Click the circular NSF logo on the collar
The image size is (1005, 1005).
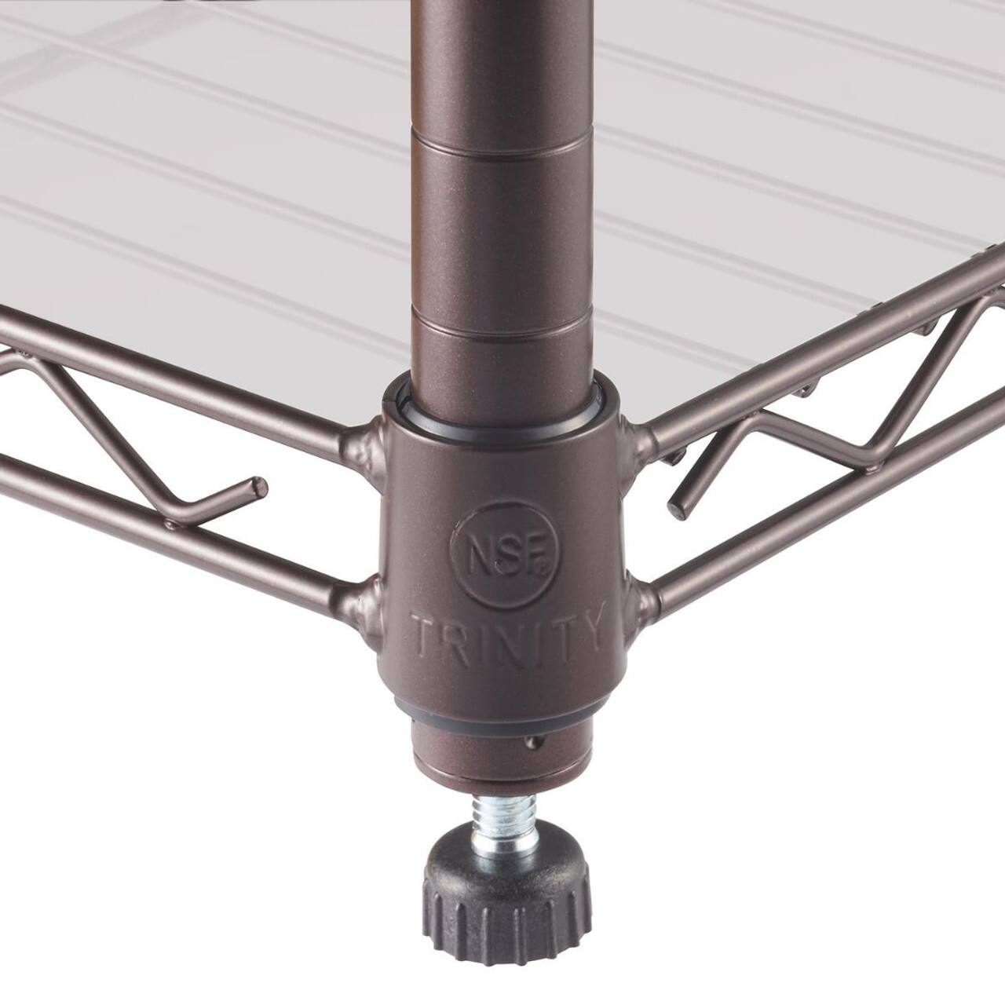504,554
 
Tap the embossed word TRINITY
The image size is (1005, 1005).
506,633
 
